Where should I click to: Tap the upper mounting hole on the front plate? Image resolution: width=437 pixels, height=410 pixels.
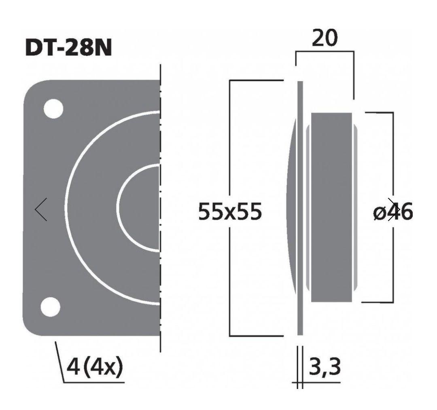click(x=53, y=108)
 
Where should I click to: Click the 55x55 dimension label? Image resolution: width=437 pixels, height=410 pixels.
click(x=230, y=212)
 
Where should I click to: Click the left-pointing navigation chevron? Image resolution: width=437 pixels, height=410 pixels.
click(x=41, y=209)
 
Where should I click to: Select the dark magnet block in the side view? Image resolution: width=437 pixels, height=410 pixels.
click(x=331, y=207)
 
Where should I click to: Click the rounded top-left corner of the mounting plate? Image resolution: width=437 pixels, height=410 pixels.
click(x=32, y=89)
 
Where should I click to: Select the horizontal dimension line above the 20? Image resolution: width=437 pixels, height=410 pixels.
click(x=325, y=51)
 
